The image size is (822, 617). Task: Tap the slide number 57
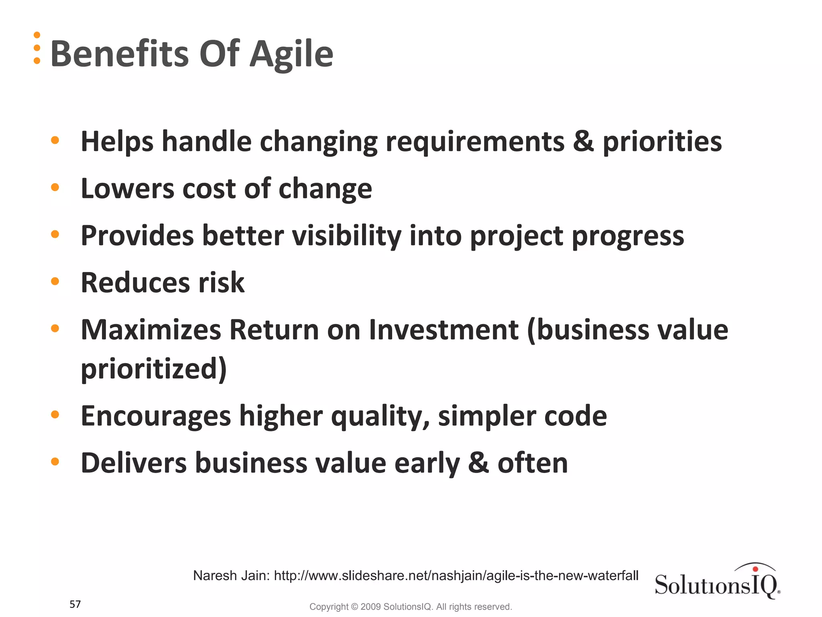click(x=75, y=604)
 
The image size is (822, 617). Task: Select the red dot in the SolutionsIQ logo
click(x=755, y=569)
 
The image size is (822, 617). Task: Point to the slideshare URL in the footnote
click(x=456, y=576)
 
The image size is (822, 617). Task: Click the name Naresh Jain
click(x=231, y=576)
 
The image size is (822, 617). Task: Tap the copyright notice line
click(x=410, y=607)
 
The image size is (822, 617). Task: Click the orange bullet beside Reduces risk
click(x=55, y=281)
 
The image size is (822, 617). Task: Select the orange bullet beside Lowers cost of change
click(x=55, y=187)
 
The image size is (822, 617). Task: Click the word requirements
click(x=474, y=142)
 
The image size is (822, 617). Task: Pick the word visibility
click(x=346, y=236)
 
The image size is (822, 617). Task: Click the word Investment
click(x=444, y=330)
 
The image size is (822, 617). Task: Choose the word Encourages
click(x=156, y=416)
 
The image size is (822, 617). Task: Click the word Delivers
click(x=134, y=463)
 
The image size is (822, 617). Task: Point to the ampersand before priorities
click(x=583, y=142)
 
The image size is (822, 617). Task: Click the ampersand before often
click(x=478, y=463)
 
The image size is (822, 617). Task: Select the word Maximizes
click(x=151, y=330)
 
